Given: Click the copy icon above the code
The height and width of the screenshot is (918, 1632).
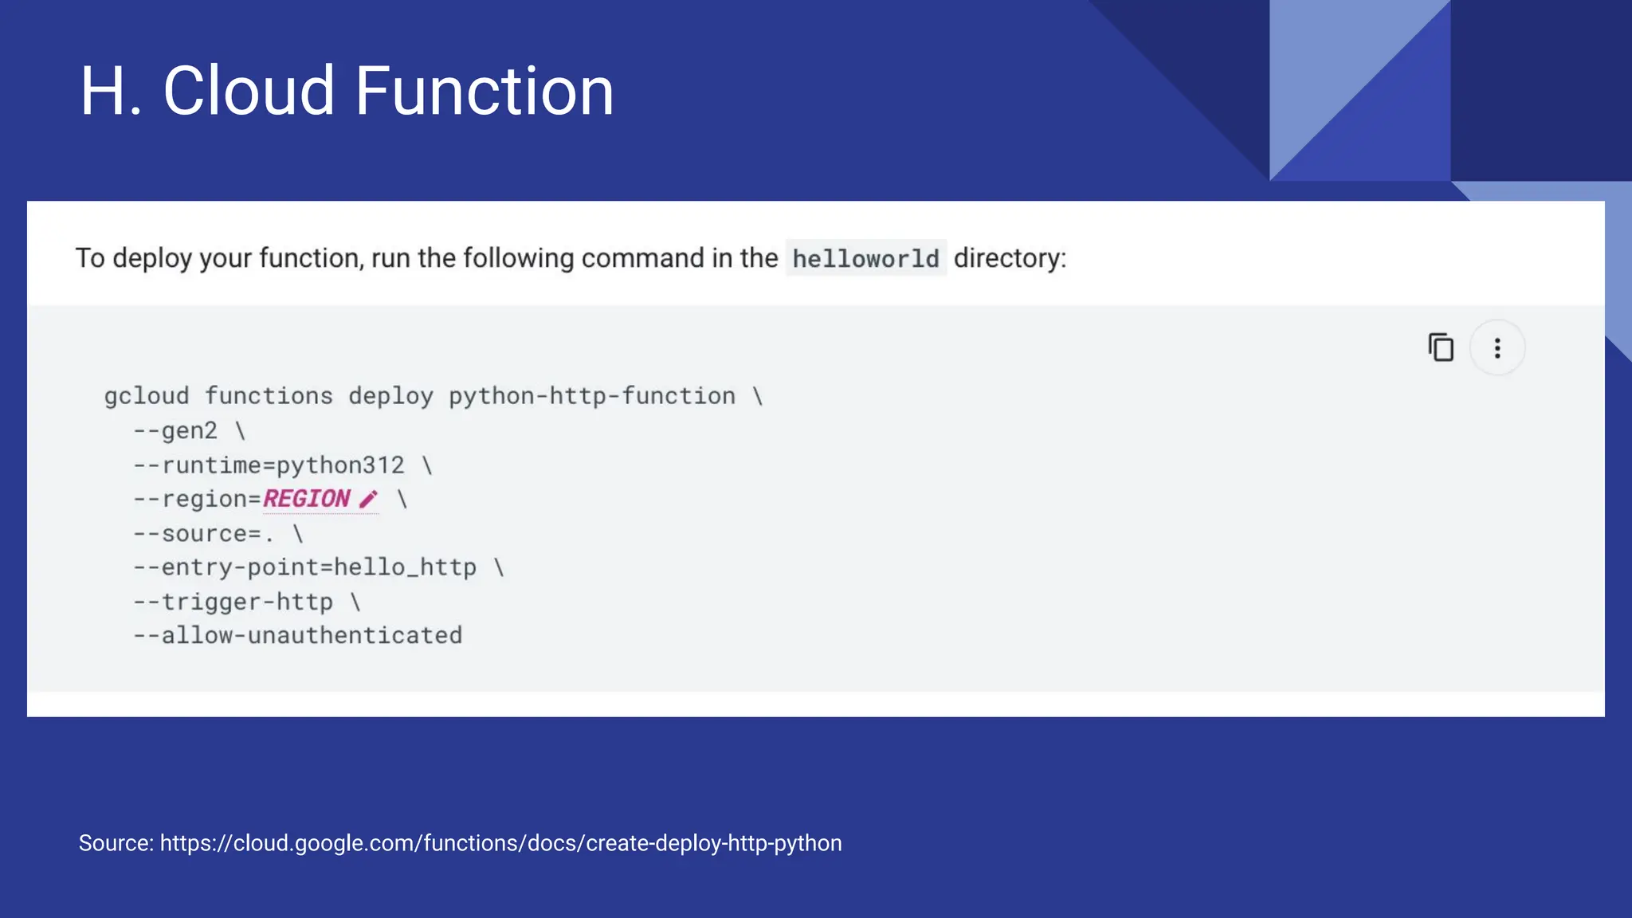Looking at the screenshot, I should pyautogui.click(x=1441, y=348).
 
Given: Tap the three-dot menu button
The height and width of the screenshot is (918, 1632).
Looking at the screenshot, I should pyautogui.click(x=1497, y=348).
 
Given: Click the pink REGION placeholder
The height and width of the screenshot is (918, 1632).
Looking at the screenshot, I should pyautogui.click(x=307, y=499).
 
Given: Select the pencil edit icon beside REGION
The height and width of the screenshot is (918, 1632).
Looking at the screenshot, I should pyautogui.click(x=368, y=500).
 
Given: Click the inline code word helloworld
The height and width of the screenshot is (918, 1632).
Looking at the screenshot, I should pyautogui.click(x=865, y=258).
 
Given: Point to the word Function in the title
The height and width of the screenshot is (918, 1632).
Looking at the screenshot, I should pyautogui.click(x=484, y=91).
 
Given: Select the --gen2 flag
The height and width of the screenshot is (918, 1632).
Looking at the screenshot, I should pyautogui.click(x=175, y=431).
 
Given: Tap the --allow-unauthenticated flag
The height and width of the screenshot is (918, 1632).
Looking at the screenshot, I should pyautogui.click(x=297, y=635).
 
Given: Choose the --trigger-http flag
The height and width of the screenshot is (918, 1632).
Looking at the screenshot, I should pyautogui.click(x=233, y=602).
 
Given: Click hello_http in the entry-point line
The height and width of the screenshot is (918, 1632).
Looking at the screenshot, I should pyautogui.click(x=405, y=567).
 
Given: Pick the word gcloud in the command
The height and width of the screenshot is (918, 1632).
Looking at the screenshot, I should pyautogui.click(x=147, y=396).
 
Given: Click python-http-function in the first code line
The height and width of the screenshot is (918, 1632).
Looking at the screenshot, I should pyautogui.click(x=591, y=396).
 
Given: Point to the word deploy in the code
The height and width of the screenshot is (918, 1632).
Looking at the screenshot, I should pyautogui.click(x=390, y=396).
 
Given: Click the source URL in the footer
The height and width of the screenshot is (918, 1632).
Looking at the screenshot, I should pyautogui.click(x=500, y=843).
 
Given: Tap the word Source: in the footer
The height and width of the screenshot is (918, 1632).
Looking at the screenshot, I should pyautogui.click(x=116, y=843).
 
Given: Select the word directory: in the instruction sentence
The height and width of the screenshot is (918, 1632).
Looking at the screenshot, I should pyautogui.click(x=1010, y=258).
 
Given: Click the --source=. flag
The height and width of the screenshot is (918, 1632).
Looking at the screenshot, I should pyautogui.click(x=203, y=533).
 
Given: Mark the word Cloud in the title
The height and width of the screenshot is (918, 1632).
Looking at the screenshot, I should pyautogui.click(x=249, y=91).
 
